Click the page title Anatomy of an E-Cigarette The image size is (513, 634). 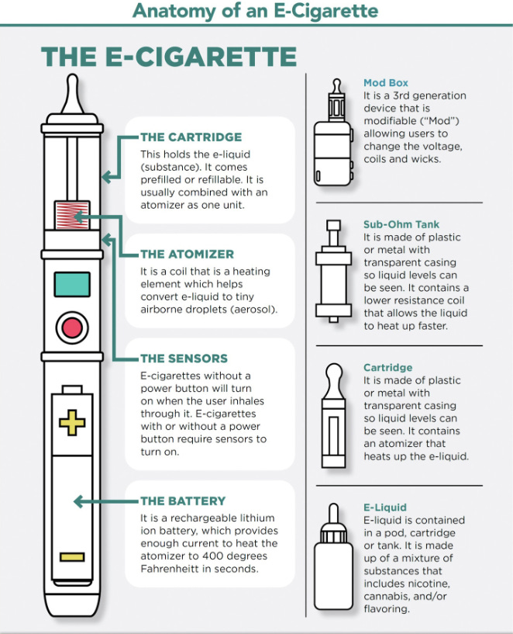point(255,11)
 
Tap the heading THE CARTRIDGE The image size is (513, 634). point(191,137)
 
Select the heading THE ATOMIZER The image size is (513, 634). point(188,254)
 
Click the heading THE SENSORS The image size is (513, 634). point(184,359)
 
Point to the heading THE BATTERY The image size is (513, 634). point(183,501)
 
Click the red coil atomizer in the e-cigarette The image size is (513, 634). point(72,215)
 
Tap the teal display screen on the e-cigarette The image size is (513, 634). point(72,285)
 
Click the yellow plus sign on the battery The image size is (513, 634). point(72,422)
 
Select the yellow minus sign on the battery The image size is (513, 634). point(72,557)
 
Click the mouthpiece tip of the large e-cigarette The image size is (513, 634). point(73,93)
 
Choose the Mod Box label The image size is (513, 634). point(386,83)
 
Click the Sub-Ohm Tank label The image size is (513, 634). point(401,224)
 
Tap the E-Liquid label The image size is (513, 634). point(385,508)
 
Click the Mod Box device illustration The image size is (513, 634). point(333,133)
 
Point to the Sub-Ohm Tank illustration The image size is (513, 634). point(333,271)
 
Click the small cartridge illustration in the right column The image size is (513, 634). point(334,416)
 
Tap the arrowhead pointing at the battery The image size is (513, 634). point(79,502)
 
